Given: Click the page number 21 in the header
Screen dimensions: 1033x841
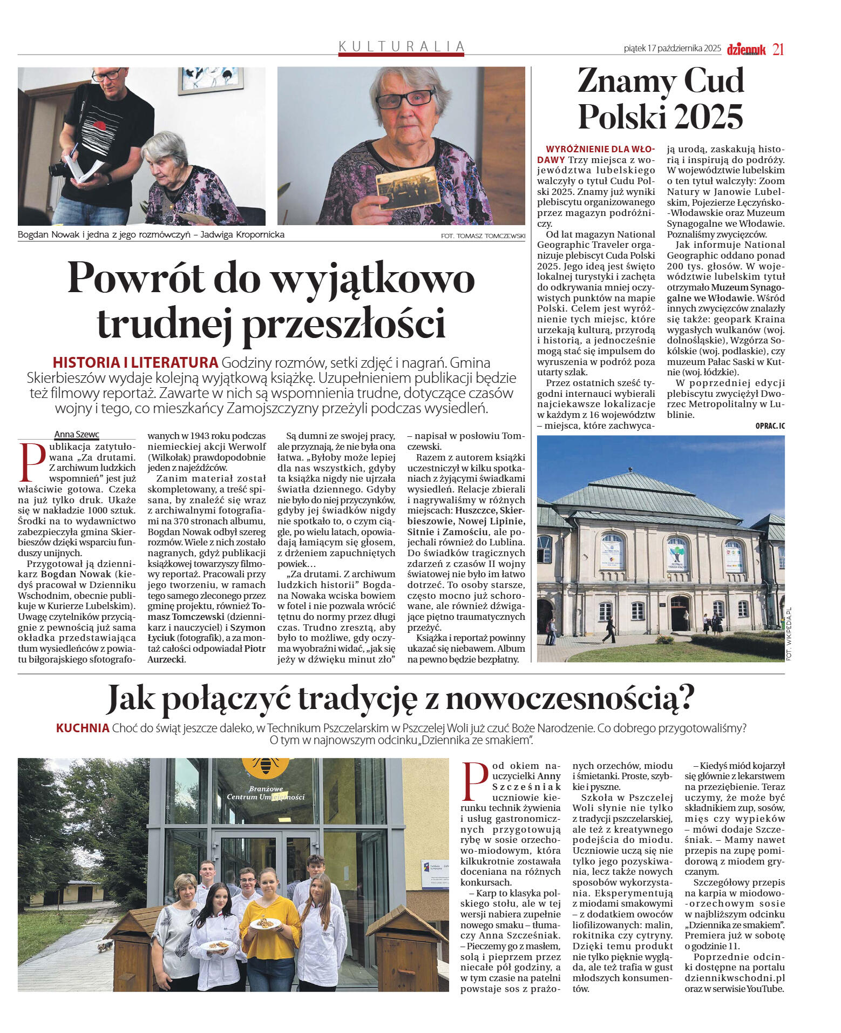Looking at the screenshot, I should pos(778,49).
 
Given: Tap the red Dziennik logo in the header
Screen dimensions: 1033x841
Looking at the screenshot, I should pos(747,49).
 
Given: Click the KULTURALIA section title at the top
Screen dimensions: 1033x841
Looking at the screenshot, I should pos(402,46).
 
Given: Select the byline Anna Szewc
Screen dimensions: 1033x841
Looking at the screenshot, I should pos(77,434).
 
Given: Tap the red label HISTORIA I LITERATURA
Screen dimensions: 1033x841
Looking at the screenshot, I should pos(135,362).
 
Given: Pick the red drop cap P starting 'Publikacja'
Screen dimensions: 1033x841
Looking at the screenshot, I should pos(32,462).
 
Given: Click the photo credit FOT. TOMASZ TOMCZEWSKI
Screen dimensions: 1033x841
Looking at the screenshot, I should pos(483,235).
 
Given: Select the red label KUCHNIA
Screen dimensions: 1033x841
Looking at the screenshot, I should pos(83,728).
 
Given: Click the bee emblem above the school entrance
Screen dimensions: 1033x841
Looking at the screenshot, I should pos(265,764).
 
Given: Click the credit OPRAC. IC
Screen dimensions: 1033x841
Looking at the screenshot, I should pos(770,426).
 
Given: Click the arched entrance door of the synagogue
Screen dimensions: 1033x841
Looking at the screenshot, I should pos(680,613).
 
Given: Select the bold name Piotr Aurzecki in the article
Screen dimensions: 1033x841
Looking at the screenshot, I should pos(207,653).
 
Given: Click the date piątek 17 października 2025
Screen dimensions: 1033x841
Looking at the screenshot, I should pos(672,49).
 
